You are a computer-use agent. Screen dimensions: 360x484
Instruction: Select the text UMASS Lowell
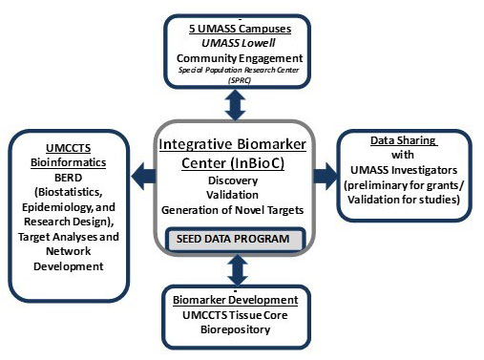[241, 44]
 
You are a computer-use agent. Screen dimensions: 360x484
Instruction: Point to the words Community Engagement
[241, 58]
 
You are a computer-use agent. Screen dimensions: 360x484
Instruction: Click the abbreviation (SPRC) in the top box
[240, 80]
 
